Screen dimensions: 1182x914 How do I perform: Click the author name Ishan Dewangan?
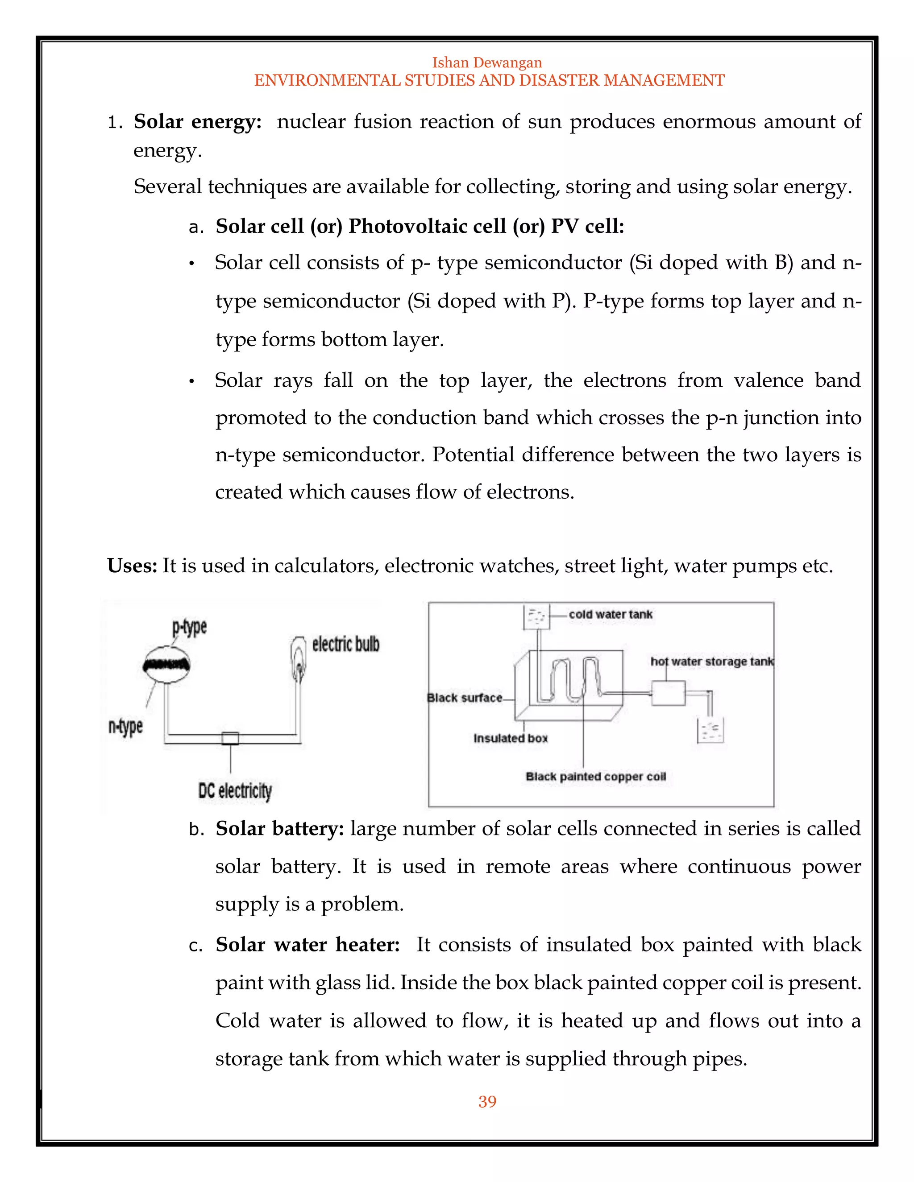click(x=487, y=62)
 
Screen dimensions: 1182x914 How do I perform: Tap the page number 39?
click(x=487, y=1101)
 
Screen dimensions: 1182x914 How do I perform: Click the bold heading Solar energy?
click(x=198, y=122)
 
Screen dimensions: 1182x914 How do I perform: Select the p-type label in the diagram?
click(x=190, y=628)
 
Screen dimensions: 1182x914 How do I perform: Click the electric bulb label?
click(x=345, y=644)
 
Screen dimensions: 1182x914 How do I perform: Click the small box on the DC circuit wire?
click(x=230, y=738)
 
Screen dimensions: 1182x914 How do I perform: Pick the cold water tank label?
click(x=610, y=614)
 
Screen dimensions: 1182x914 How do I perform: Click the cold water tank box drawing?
click(x=536, y=617)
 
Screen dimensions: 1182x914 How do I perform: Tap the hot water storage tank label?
click(x=711, y=661)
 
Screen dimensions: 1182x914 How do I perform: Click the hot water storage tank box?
click(x=668, y=693)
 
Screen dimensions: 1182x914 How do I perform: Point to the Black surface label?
click(x=465, y=698)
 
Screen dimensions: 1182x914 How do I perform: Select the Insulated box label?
click(x=511, y=738)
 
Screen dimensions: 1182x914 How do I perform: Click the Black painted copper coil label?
click(x=596, y=776)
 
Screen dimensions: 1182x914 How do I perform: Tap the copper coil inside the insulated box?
click(x=576, y=679)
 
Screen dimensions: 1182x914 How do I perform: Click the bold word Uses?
click(x=132, y=566)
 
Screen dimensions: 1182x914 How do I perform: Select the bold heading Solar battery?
click(x=279, y=829)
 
